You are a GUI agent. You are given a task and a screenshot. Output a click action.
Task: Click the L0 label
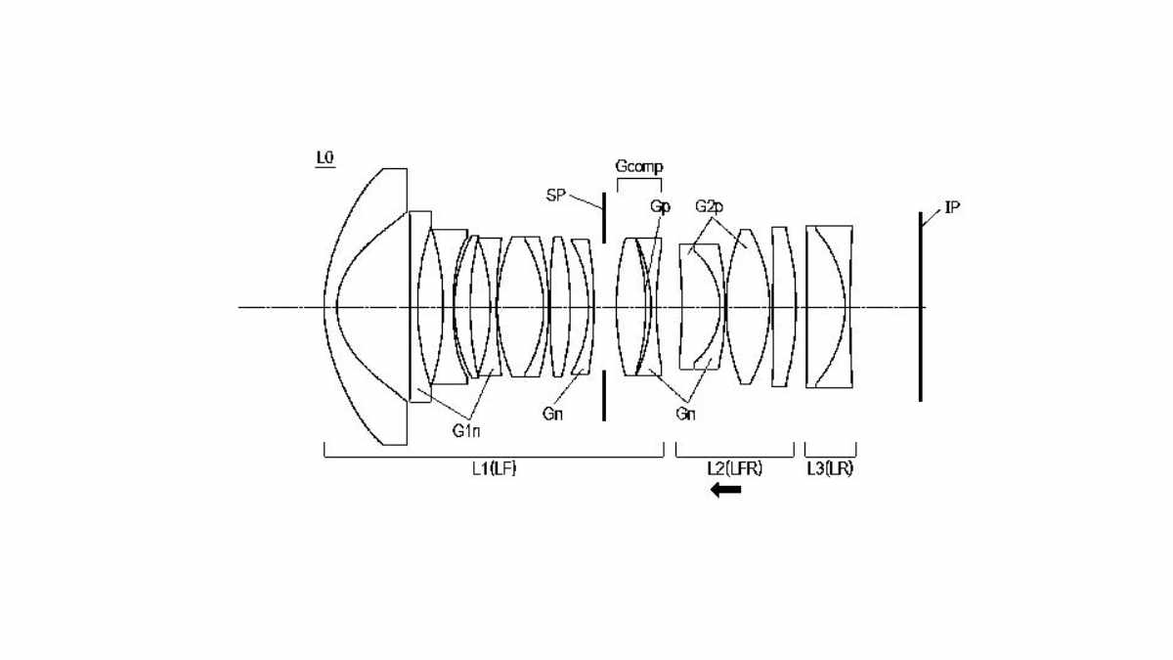325,157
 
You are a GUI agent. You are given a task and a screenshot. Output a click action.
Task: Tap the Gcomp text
639,166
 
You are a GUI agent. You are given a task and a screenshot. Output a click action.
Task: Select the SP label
555,196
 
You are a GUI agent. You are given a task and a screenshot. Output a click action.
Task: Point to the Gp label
661,206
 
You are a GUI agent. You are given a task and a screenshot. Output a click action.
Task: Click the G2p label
709,206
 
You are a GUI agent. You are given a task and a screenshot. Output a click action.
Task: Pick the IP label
952,208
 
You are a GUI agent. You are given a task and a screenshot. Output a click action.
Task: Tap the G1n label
466,431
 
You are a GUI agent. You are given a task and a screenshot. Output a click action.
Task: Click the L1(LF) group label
494,468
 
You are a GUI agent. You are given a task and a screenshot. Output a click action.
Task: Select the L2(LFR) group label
735,468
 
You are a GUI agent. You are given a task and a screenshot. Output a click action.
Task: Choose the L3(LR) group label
830,468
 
